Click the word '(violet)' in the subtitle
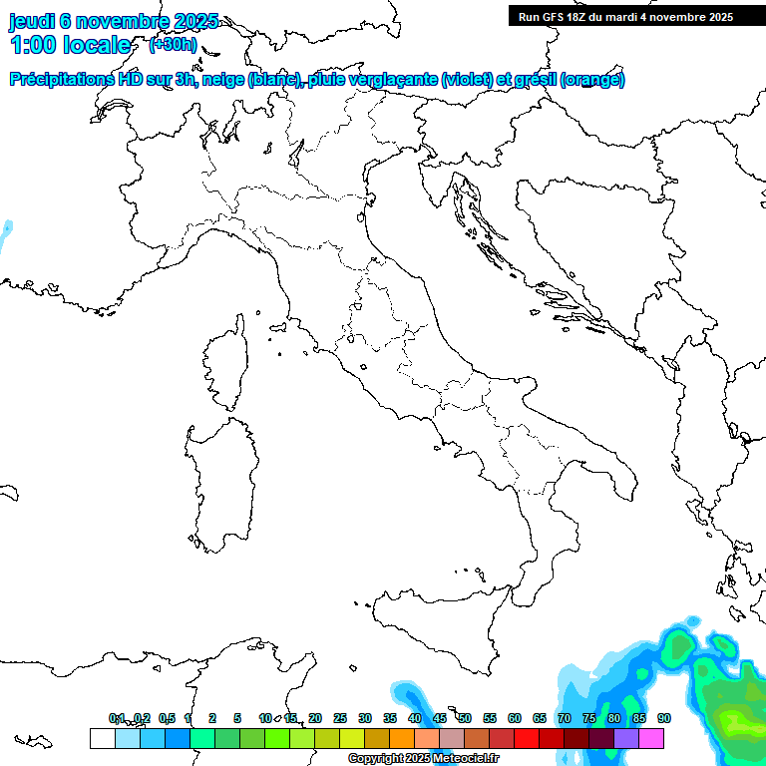point(467,80)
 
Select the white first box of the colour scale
point(102,738)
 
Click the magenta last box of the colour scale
point(651,738)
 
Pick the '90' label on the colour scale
point(663,718)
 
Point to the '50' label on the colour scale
point(465,718)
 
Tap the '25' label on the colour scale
point(340,718)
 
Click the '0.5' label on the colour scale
point(167,718)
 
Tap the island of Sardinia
point(224,479)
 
